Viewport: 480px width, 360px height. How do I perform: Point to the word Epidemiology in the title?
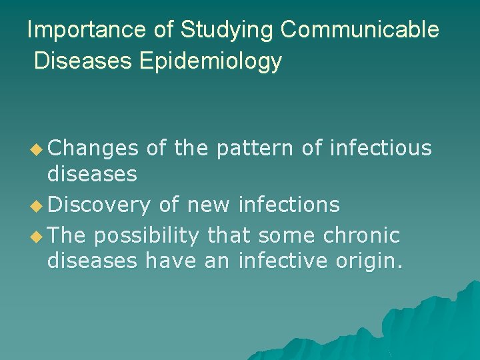click(211, 61)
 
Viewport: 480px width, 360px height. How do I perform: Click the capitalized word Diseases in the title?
click(83, 61)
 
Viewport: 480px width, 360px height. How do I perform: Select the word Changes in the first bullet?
click(93, 148)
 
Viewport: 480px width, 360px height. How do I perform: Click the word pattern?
click(255, 148)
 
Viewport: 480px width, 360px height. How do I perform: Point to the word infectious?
click(381, 148)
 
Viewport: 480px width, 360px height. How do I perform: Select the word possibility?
click(147, 235)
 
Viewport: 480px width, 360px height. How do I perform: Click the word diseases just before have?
click(92, 261)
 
